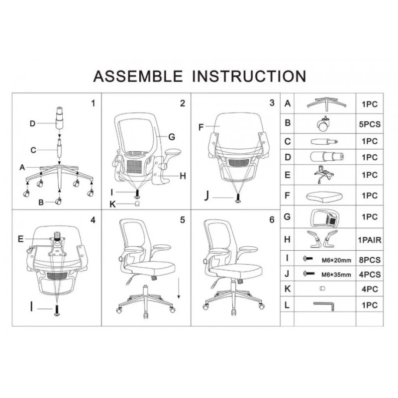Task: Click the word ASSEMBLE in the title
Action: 138,76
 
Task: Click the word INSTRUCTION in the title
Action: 249,76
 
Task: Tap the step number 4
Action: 93,220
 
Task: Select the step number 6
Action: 272,220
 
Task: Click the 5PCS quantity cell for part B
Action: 370,124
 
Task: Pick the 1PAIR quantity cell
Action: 370,240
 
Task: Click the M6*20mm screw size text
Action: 337,260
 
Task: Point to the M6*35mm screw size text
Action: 336,275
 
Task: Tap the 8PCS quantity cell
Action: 370,260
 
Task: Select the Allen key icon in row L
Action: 324,306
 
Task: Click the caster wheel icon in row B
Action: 323,124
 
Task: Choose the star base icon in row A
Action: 326,104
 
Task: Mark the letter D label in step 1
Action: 32,123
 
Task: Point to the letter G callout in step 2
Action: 172,137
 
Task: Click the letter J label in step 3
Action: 206,196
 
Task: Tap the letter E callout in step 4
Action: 21,239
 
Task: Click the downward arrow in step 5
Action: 179,288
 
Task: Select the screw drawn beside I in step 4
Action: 57,310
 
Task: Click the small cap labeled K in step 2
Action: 137,203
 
